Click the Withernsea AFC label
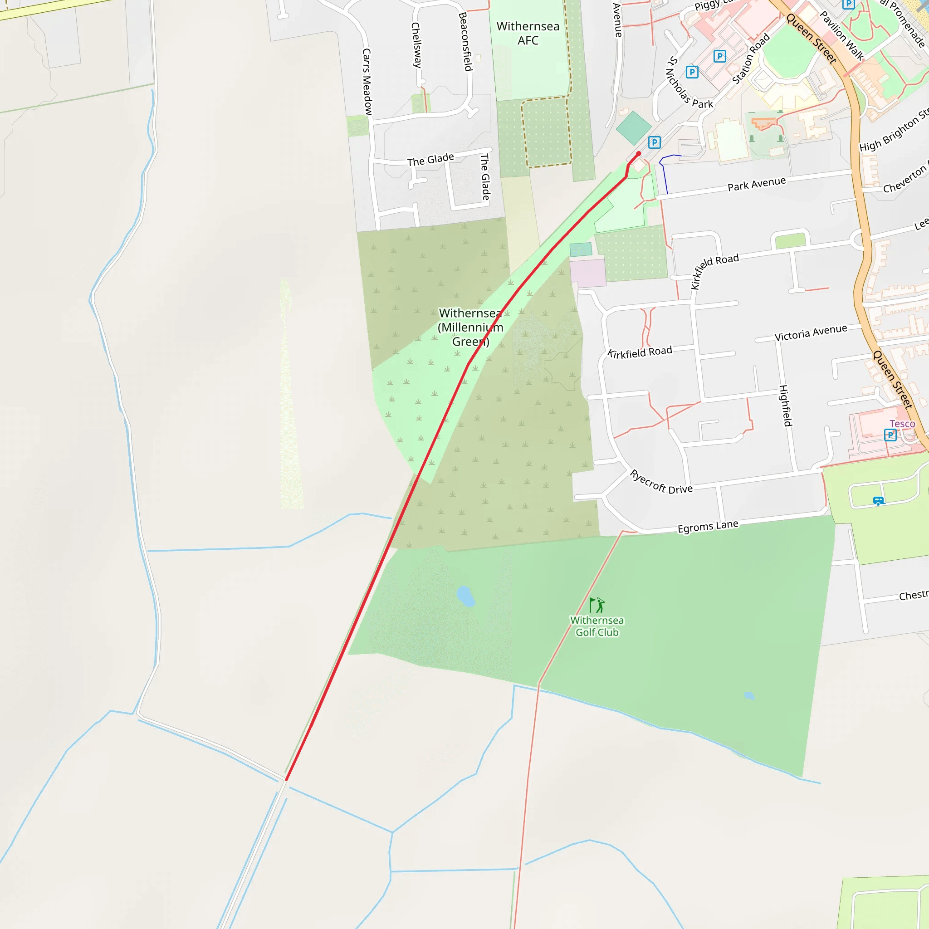pyautogui.click(x=528, y=33)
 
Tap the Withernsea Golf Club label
pyautogui.click(x=597, y=626)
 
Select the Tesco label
pyautogui.click(x=902, y=424)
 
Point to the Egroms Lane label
pyautogui.click(x=708, y=527)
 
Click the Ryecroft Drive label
pyautogui.click(x=661, y=482)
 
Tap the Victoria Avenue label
pyautogui.click(x=811, y=333)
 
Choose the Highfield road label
pyautogui.click(x=785, y=406)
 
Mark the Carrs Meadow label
pyautogui.click(x=367, y=82)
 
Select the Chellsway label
pyautogui.click(x=416, y=45)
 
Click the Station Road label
pyautogui.click(x=751, y=59)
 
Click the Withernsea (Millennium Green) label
pyautogui.click(x=470, y=327)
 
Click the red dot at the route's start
pyautogui.click(x=639, y=154)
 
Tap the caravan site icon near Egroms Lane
pyautogui.click(x=878, y=501)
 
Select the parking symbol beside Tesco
pyautogui.click(x=890, y=435)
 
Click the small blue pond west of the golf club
pyautogui.click(x=465, y=596)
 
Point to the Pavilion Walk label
pyautogui.click(x=841, y=36)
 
